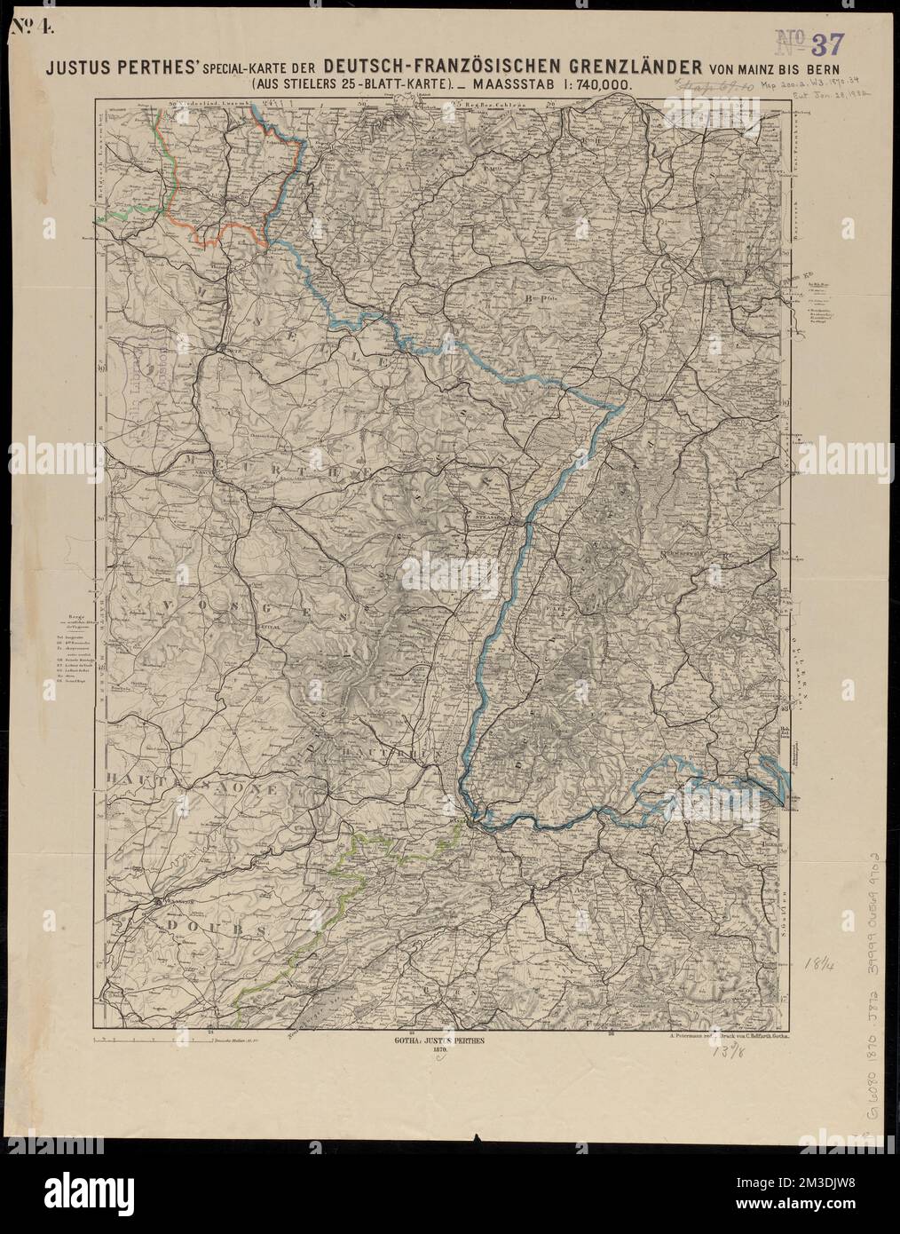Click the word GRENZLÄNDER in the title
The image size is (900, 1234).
[611, 66]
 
